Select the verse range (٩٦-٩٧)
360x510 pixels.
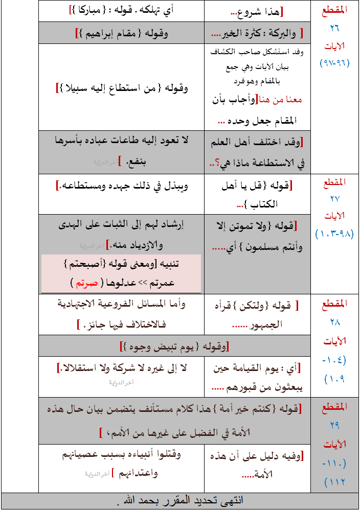[x=335, y=63]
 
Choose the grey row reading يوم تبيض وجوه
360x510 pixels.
[x=175, y=345]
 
